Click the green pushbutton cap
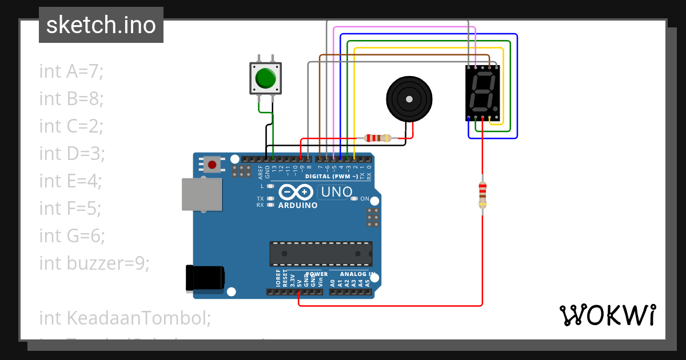click(266, 78)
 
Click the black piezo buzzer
click(408, 99)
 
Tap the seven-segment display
click(482, 91)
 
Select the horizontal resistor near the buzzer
click(378, 138)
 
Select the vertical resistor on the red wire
click(482, 195)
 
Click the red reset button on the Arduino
click(212, 165)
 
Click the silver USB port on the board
click(201, 194)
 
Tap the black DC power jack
click(205, 279)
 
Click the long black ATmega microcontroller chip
click(321, 254)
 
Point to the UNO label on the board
click(337, 192)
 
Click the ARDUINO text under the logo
click(298, 205)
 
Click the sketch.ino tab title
click(101, 25)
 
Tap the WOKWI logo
click(607, 315)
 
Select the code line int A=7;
click(71, 71)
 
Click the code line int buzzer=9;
click(94, 263)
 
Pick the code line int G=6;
click(72, 235)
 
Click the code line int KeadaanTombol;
click(125, 318)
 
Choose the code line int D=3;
click(72, 153)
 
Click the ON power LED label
click(365, 199)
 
